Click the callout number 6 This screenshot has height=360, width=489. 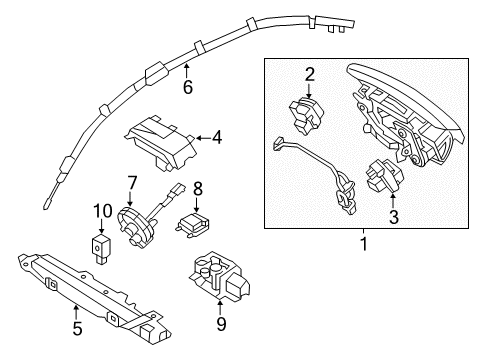coord(188,87)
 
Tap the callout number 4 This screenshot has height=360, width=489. coord(217,138)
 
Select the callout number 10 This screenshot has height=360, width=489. coord(102,211)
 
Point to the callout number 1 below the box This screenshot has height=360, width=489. coord(364,244)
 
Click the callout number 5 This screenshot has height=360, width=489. coord(77,329)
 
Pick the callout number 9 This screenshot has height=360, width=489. coord(221,324)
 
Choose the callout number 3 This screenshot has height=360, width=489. coord(394,217)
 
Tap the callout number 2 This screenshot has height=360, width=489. coord(310,75)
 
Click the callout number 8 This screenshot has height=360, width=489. coord(198,189)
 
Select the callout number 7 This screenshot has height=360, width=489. coord(132,183)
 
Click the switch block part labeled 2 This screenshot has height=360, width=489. coord(306,114)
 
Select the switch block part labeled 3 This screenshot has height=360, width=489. coord(384,175)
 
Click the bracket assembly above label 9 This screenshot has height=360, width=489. coord(219,275)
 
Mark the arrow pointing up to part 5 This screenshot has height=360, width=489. coord(76,311)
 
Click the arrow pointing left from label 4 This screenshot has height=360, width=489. coord(204,138)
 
